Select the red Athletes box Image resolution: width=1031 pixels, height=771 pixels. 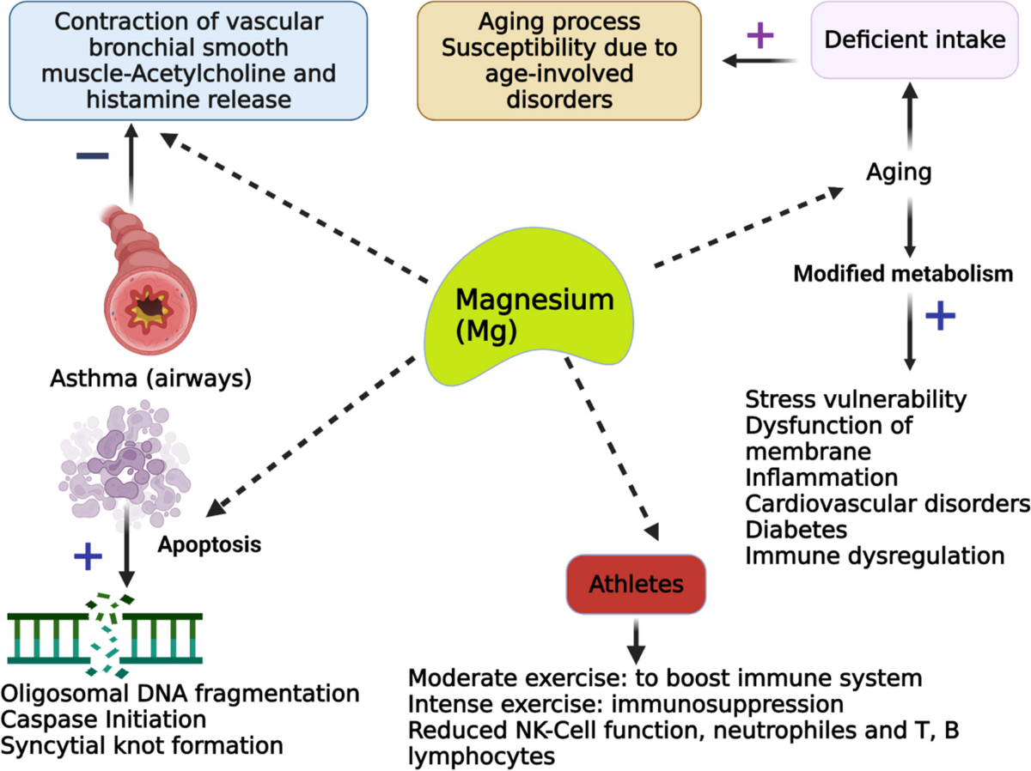636,584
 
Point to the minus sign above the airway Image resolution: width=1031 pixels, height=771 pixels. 92,155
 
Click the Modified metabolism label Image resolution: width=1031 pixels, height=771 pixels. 903,274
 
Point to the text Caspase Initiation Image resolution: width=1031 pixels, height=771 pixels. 103,719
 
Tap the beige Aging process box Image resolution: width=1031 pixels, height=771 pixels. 559,59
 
